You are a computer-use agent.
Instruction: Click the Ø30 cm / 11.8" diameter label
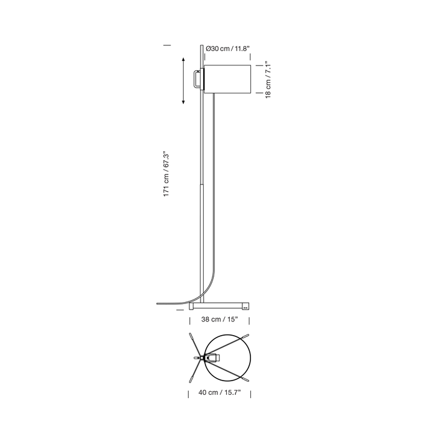[228, 49]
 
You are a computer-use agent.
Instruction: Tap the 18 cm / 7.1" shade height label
[268, 80]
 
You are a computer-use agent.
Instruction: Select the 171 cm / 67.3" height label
[166, 174]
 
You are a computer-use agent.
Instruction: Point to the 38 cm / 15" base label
[220, 319]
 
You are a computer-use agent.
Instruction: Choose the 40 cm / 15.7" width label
[219, 392]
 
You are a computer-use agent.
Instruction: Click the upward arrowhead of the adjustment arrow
[183, 60]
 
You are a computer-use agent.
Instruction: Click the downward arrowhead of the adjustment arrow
[183, 102]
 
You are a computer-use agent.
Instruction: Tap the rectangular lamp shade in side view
[227, 79]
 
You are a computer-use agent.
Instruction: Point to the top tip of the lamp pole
[202, 45]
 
